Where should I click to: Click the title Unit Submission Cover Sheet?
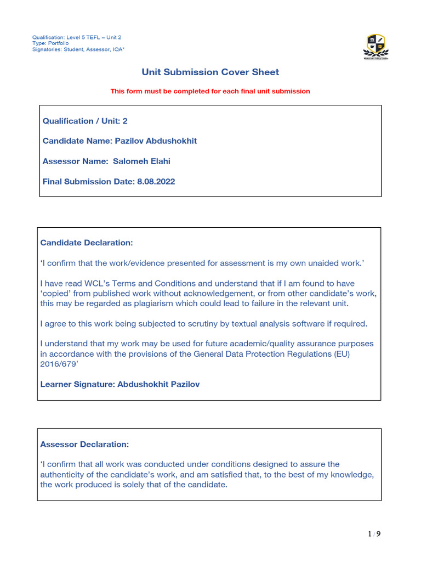(x=210, y=72)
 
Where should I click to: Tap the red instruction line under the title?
(x=210, y=91)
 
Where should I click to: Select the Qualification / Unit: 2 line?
(x=85, y=121)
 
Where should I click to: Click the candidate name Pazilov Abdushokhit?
(x=155, y=141)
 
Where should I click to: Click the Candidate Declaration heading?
(x=87, y=243)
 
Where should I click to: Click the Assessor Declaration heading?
(x=84, y=443)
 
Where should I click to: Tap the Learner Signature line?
(x=120, y=384)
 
